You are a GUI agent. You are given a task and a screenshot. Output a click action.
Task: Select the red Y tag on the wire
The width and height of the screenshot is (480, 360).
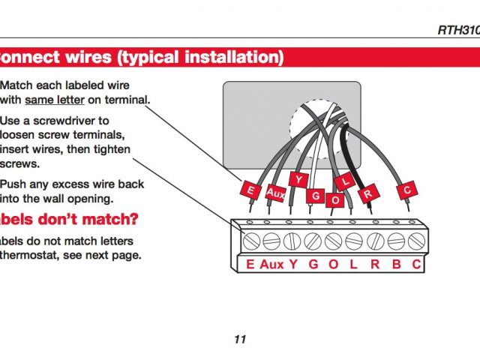[x=299, y=181]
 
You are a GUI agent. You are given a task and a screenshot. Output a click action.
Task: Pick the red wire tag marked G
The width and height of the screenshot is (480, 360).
[x=316, y=196]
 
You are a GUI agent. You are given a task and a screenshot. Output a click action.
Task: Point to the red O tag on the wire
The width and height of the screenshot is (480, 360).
[x=335, y=200]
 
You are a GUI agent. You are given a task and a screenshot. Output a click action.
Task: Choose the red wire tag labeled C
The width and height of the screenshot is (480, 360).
[x=407, y=190]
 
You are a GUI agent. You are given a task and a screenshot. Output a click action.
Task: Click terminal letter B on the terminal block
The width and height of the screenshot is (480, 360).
[x=397, y=264]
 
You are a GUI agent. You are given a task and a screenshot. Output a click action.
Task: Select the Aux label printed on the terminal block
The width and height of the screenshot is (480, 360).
[x=271, y=264]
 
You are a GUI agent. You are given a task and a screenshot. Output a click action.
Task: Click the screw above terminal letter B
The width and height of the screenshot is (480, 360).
[x=397, y=241]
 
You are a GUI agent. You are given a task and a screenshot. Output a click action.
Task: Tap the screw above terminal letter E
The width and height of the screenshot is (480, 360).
[x=250, y=241]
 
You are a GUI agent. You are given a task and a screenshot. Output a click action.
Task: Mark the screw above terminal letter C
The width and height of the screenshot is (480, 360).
[x=416, y=241]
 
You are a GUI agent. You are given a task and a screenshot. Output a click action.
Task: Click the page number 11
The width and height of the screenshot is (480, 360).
[x=240, y=339]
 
